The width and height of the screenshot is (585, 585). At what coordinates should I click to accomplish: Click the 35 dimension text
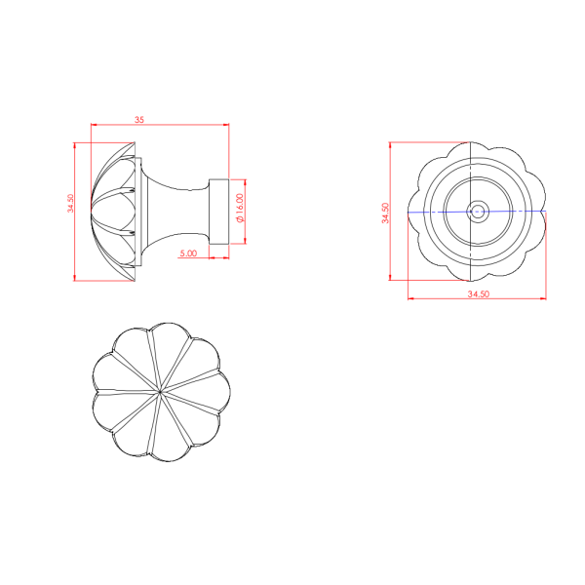tap(139, 120)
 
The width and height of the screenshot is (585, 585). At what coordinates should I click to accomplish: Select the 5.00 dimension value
tap(188, 253)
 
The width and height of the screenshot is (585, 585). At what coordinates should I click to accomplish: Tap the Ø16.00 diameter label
tap(240, 209)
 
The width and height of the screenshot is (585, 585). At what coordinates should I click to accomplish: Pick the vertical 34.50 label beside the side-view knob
tap(70, 204)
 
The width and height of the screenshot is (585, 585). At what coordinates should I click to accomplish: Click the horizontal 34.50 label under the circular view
tap(479, 294)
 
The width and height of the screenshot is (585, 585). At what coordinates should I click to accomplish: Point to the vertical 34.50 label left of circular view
tap(385, 213)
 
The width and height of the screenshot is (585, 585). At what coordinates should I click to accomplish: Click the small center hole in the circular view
tap(478, 212)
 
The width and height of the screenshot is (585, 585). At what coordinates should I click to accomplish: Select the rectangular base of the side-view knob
tap(219, 212)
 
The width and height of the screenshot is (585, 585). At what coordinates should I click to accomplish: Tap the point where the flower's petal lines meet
tap(160, 392)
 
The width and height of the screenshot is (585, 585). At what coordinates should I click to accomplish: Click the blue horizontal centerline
tap(477, 212)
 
